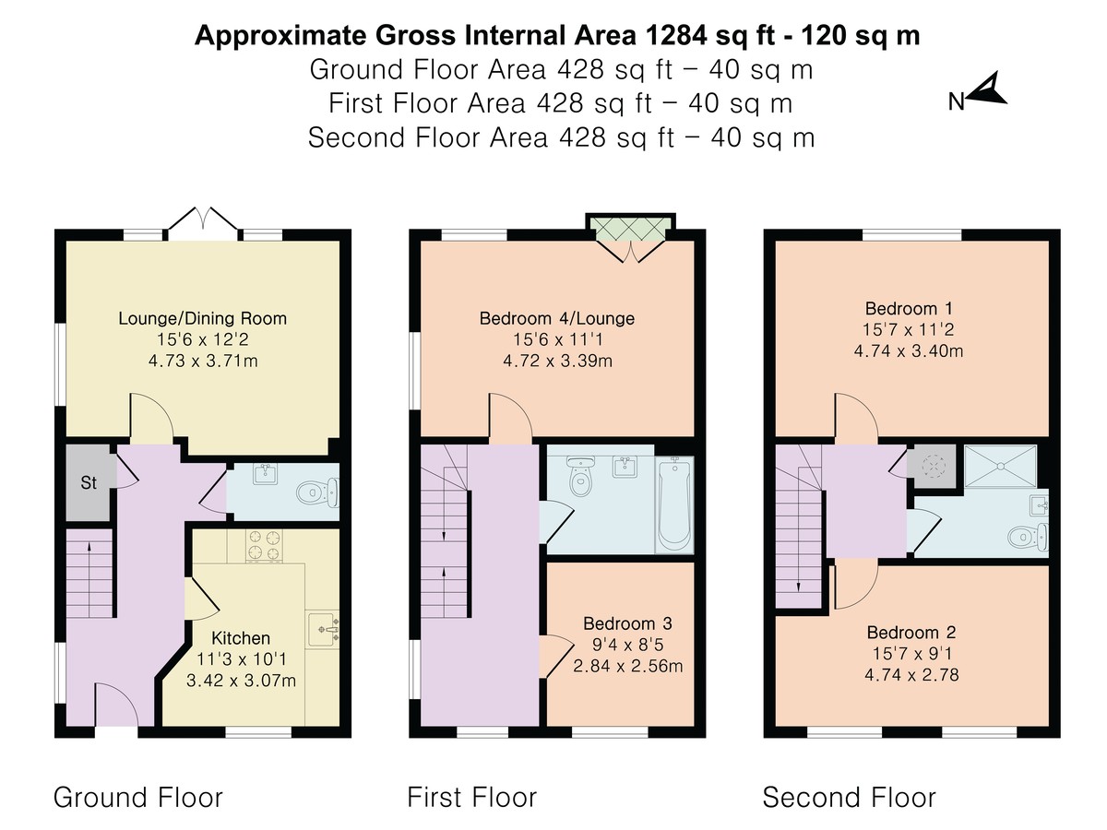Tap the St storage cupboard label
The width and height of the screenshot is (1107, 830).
point(89,482)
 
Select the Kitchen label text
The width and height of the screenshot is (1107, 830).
point(241,638)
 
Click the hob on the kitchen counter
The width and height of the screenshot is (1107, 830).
point(263,545)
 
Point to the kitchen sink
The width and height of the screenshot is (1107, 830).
point(322,629)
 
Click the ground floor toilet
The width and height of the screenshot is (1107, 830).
point(317,492)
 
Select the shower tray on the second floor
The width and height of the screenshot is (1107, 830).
point(1000,466)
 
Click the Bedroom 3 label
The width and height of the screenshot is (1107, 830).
point(627,623)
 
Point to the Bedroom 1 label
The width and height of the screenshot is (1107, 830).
point(909,308)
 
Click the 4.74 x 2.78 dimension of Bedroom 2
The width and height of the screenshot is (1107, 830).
point(911,674)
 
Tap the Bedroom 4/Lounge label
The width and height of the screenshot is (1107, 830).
point(557,318)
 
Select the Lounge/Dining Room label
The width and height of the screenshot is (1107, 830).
point(202,318)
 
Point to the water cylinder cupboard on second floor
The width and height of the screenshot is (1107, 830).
point(932,466)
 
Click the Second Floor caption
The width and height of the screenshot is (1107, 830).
point(849,797)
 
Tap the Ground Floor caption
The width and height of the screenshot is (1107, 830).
point(137,797)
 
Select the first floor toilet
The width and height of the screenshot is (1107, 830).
point(580,476)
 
